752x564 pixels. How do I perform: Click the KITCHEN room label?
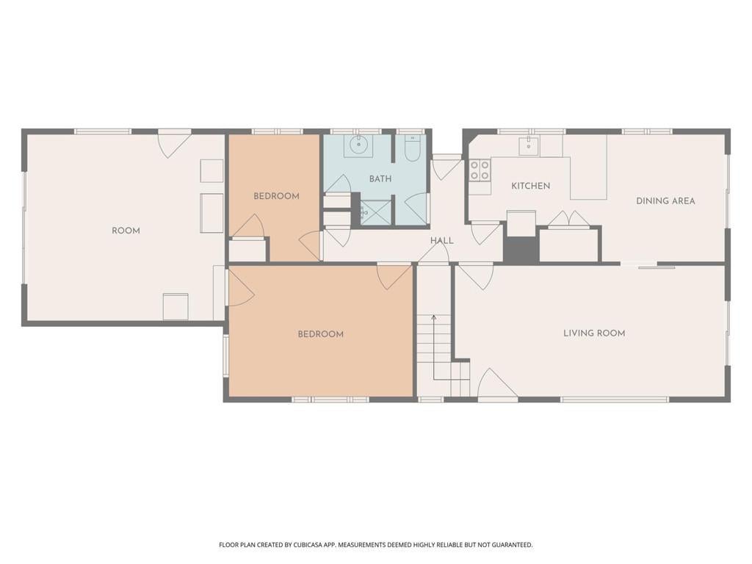(x=530, y=186)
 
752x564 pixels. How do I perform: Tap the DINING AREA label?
(x=665, y=201)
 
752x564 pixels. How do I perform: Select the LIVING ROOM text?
(x=594, y=333)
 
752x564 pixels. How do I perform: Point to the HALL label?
(x=441, y=241)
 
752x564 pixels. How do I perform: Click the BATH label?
(x=380, y=179)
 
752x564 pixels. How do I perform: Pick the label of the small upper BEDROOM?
(x=276, y=196)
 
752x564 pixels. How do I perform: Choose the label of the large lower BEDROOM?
(x=320, y=334)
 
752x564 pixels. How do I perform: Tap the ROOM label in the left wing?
(x=126, y=231)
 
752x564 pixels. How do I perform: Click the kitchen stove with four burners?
(x=480, y=170)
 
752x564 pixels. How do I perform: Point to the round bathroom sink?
(x=358, y=143)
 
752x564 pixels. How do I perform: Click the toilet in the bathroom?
(x=413, y=147)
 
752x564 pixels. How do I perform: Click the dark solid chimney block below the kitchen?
(x=521, y=250)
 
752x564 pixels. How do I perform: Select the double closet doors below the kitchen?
(x=569, y=218)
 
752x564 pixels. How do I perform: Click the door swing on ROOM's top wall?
(x=175, y=144)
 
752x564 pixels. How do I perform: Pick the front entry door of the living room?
(x=497, y=383)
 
